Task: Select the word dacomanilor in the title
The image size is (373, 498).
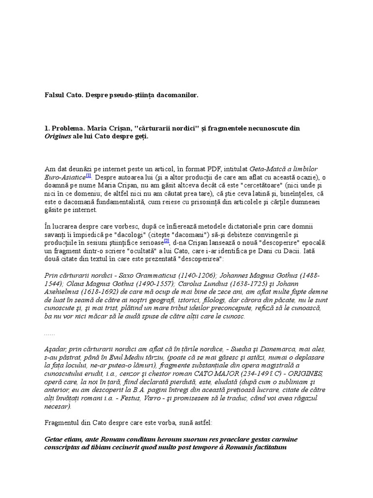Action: coord(178,96)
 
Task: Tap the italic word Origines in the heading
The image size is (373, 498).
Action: coord(58,137)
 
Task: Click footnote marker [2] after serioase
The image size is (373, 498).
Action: coord(166,240)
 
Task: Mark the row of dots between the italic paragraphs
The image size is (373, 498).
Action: coord(49,335)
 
